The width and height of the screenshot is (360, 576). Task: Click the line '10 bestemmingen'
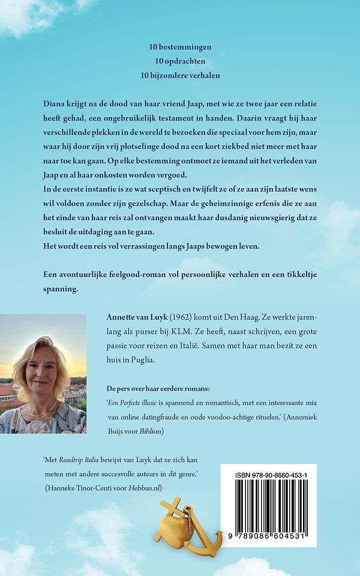coord(179,46)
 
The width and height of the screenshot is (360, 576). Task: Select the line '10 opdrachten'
coord(179,61)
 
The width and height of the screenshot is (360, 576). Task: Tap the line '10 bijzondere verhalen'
coord(179,75)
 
